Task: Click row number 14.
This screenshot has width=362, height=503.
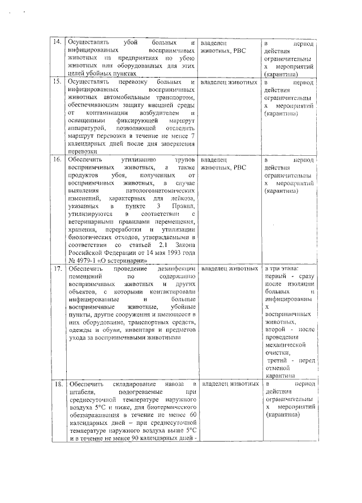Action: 57,43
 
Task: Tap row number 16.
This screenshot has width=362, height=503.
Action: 57,160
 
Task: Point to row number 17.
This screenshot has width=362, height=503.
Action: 57,268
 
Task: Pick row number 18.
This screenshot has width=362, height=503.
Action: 57,384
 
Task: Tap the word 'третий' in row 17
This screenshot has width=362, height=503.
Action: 278,361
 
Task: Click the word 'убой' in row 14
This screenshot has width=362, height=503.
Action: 130,43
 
